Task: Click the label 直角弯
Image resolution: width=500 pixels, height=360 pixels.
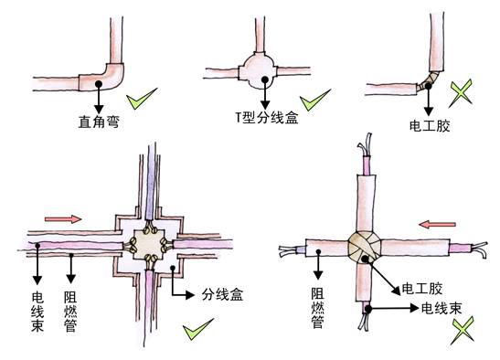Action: click(99, 122)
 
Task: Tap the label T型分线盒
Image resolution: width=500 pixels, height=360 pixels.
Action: click(267, 118)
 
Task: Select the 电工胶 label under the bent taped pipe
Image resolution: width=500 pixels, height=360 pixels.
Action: click(430, 126)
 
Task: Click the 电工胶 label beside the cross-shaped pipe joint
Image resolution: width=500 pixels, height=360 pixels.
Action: click(422, 289)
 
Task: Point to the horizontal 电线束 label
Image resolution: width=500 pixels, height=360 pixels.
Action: click(441, 308)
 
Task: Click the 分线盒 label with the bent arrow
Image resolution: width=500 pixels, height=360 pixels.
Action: click(222, 294)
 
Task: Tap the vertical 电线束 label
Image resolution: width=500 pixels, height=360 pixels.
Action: click(37, 312)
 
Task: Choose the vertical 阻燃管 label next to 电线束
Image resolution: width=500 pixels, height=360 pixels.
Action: click(70, 312)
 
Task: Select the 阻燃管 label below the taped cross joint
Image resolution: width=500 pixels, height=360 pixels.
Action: click(318, 308)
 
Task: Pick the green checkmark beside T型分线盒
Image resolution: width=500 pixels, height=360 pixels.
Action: click(314, 101)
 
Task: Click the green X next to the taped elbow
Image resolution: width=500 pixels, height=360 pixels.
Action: click(461, 93)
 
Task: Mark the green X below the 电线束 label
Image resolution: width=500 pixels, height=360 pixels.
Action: click(463, 331)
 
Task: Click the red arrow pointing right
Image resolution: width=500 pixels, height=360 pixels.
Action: click(63, 219)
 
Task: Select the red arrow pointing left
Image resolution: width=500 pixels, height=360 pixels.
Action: click(437, 225)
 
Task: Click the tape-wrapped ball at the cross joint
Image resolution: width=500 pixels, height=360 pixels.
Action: click(365, 247)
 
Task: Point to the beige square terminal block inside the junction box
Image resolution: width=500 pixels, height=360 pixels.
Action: click(148, 245)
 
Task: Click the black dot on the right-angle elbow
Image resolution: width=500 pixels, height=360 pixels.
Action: click(99, 84)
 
